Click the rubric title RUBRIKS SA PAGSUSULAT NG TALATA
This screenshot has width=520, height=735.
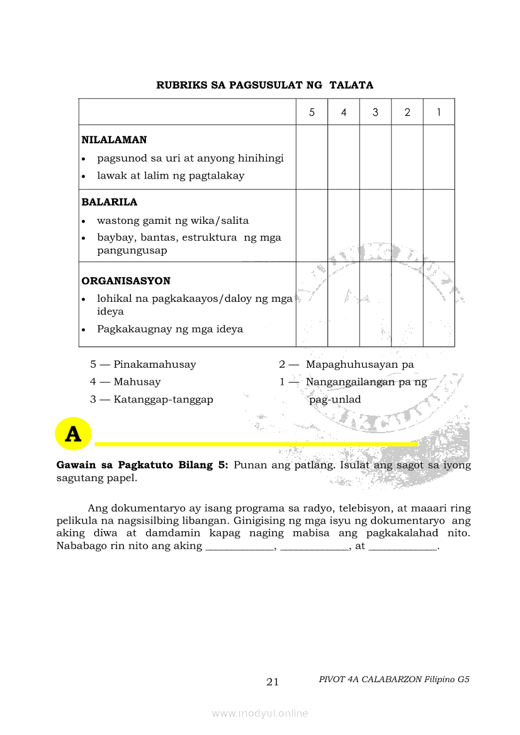tap(264, 85)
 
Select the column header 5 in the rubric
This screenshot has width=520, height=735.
tap(312, 113)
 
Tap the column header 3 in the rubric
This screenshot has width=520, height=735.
tap(375, 113)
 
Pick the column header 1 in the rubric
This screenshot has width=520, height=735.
tap(438, 113)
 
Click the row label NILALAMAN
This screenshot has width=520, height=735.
tap(114, 140)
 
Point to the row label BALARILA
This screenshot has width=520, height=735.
tap(109, 202)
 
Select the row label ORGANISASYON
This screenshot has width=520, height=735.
tap(126, 281)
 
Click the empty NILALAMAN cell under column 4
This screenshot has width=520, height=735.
tap(344, 157)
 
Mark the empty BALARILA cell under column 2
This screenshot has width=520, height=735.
tap(407, 225)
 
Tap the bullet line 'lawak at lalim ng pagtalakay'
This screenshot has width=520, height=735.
tap(170, 176)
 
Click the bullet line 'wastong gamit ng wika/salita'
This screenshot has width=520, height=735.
tap(172, 221)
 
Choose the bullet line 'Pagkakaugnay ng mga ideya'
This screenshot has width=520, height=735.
tap(169, 329)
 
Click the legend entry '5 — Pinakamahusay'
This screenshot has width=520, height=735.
tap(143, 365)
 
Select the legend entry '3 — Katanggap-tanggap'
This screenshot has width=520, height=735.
tap(151, 400)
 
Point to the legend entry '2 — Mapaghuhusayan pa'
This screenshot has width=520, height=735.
tap(346, 365)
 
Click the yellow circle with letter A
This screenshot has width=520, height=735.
tap(73, 434)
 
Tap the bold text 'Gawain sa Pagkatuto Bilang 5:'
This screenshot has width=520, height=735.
tap(143, 466)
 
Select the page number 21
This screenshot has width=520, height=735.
tap(273, 682)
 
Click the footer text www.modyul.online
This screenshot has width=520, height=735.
tap(260, 714)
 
